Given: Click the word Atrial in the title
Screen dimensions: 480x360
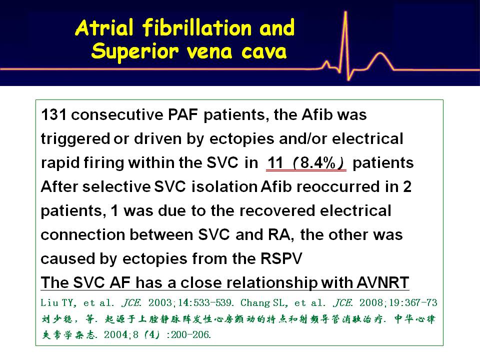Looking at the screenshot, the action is [x=104, y=27].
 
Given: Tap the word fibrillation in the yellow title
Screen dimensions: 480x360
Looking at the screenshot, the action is [x=197, y=27].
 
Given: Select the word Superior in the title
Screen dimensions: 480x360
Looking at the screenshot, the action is [x=134, y=51].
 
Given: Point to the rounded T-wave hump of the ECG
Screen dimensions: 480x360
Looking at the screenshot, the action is [x=380, y=54].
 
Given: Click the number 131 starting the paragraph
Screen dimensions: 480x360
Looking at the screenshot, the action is [x=53, y=115].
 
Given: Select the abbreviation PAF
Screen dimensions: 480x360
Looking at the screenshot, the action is [x=183, y=115].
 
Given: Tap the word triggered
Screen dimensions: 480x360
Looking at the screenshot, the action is [x=75, y=139].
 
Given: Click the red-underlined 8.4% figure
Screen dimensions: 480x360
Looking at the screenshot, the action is [x=318, y=163].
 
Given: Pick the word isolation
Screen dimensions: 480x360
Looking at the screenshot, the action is [x=224, y=186].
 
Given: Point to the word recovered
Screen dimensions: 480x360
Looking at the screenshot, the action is [x=277, y=211].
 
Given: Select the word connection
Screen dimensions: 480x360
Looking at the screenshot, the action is [x=83, y=235].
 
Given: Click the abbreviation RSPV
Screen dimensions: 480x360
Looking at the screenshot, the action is [x=281, y=258].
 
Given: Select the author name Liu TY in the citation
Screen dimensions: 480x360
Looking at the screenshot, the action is [x=57, y=303].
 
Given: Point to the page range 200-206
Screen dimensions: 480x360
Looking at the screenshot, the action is [x=190, y=335].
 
